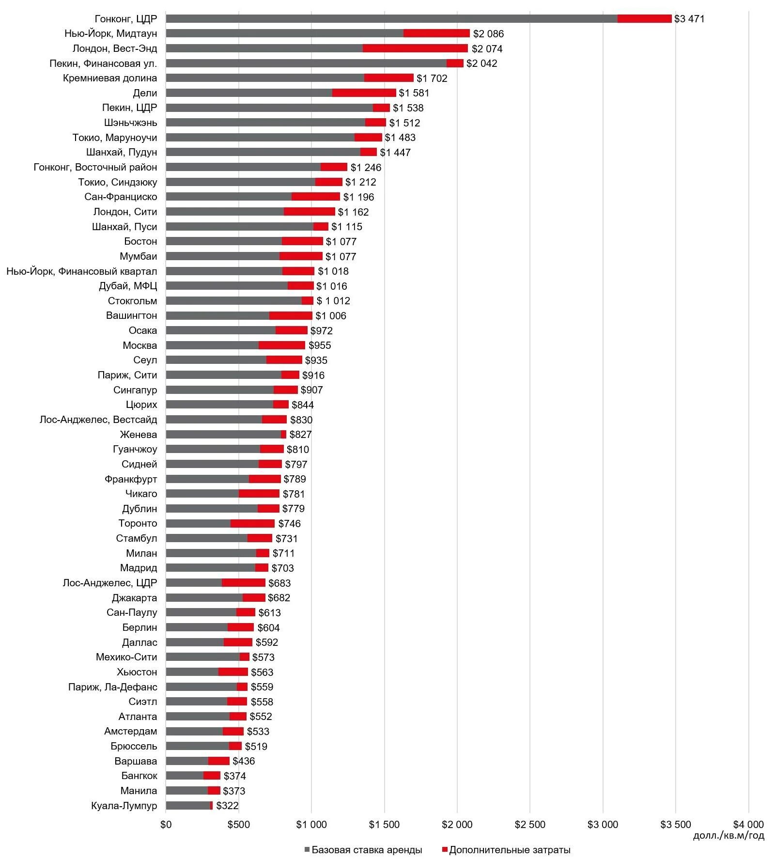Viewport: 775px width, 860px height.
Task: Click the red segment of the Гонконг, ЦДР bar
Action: tap(644, 19)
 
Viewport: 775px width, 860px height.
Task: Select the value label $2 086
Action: tap(488, 34)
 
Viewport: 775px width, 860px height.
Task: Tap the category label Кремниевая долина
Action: tap(110, 78)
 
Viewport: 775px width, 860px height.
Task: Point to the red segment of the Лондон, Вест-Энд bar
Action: tap(415, 48)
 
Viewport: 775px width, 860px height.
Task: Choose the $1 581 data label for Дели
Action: tap(414, 93)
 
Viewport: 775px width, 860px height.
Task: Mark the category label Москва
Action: tap(139, 345)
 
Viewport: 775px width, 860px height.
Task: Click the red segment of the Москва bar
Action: tap(282, 345)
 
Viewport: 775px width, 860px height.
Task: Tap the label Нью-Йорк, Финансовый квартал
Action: tap(82, 271)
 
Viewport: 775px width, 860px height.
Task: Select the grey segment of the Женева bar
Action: tap(223, 435)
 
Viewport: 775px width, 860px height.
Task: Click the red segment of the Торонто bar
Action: tap(252, 524)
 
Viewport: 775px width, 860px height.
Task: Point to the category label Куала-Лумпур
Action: tap(124, 806)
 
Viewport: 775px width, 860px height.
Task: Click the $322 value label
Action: tap(227, 806)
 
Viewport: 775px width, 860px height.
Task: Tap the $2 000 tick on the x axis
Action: tap(457, 825)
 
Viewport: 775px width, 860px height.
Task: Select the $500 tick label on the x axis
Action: tap(239, 825)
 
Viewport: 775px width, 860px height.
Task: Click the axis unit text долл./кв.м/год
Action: tap(728, 835)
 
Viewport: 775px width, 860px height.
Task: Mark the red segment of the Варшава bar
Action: tap(219, 761)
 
